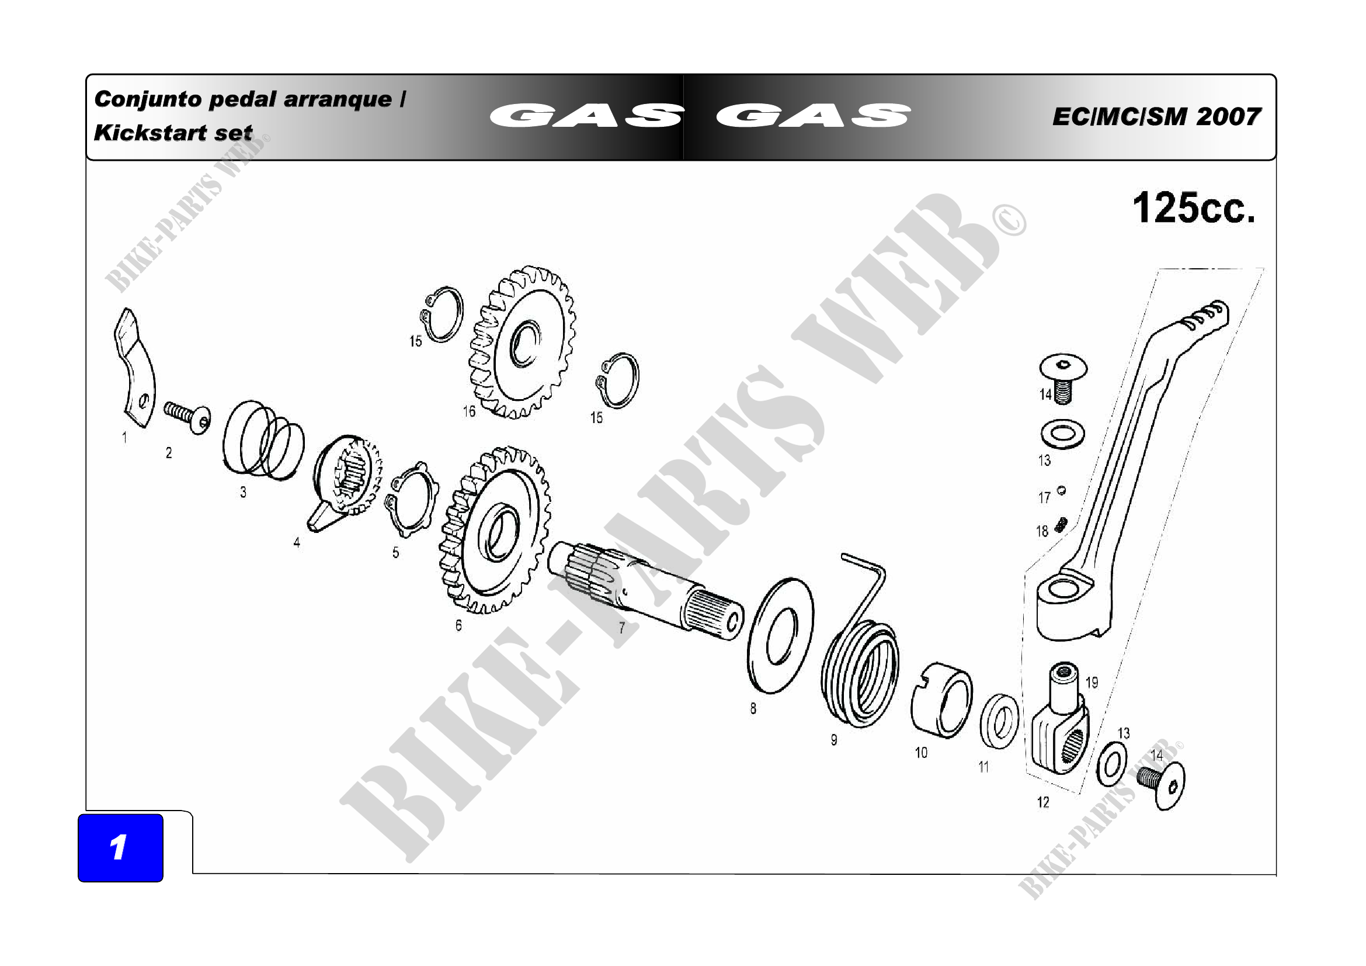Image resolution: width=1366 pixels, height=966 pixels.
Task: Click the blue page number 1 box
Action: tap(120, 847)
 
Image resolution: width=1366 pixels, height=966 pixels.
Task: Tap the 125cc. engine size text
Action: tap(1194, 208)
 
